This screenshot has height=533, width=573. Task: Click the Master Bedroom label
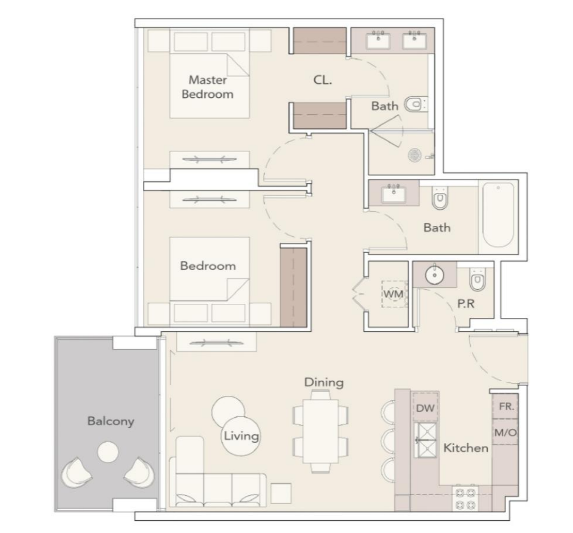(x=207, y=87)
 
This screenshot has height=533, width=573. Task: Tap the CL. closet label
(x=323, y=80)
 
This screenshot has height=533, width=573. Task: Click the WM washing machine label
(x=393, y=294)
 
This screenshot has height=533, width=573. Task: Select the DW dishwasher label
(x=425, y=408)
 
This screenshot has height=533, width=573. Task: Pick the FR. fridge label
(x=506, y=406)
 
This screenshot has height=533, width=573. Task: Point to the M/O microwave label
(x=506, y=433)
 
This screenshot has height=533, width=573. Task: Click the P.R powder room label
(x=466, y=304)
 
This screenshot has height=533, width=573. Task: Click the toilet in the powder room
(x=477, y=280)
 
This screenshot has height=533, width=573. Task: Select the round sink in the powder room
(x=434, y=274)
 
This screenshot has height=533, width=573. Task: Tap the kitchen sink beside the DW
(x=425, y=440)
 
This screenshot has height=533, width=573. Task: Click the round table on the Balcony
(x=108, y=452)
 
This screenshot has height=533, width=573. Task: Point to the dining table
(x=320, y=431)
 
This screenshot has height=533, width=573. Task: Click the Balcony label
(x=111, y=422)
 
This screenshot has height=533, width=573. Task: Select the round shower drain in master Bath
(x=414, y=155)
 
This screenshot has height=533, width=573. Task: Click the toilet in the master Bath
(x=416, y=105)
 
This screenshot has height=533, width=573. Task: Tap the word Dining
(x=324, y=383)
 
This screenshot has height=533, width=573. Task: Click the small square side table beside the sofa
(x=281, y=493)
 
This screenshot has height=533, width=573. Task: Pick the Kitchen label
(x=466, y=448)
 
